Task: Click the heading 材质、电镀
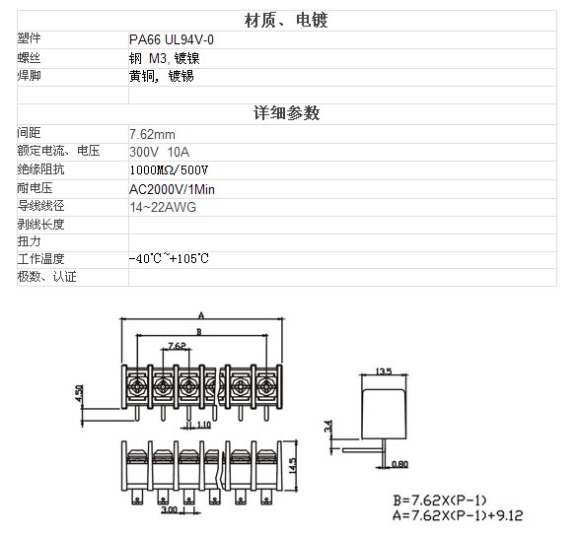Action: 286,21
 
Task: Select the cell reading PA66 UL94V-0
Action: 172,39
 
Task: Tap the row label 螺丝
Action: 29,58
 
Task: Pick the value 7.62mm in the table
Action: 152,134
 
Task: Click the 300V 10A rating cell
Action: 160,152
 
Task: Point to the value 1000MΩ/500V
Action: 169,169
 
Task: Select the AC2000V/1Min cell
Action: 172,189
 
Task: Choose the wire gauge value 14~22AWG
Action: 163,207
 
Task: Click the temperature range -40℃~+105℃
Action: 169,258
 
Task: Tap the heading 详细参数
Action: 286,112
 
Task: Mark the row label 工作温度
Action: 40,258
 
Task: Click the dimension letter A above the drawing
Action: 201,315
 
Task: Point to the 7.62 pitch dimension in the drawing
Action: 177,346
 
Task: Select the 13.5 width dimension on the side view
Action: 384,371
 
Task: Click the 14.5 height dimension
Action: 292,466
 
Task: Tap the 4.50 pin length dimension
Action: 79,393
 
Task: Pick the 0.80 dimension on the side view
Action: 399,464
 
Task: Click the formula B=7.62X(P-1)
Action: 440,501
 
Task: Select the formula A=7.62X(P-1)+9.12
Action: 458,514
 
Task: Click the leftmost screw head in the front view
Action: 137,386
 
